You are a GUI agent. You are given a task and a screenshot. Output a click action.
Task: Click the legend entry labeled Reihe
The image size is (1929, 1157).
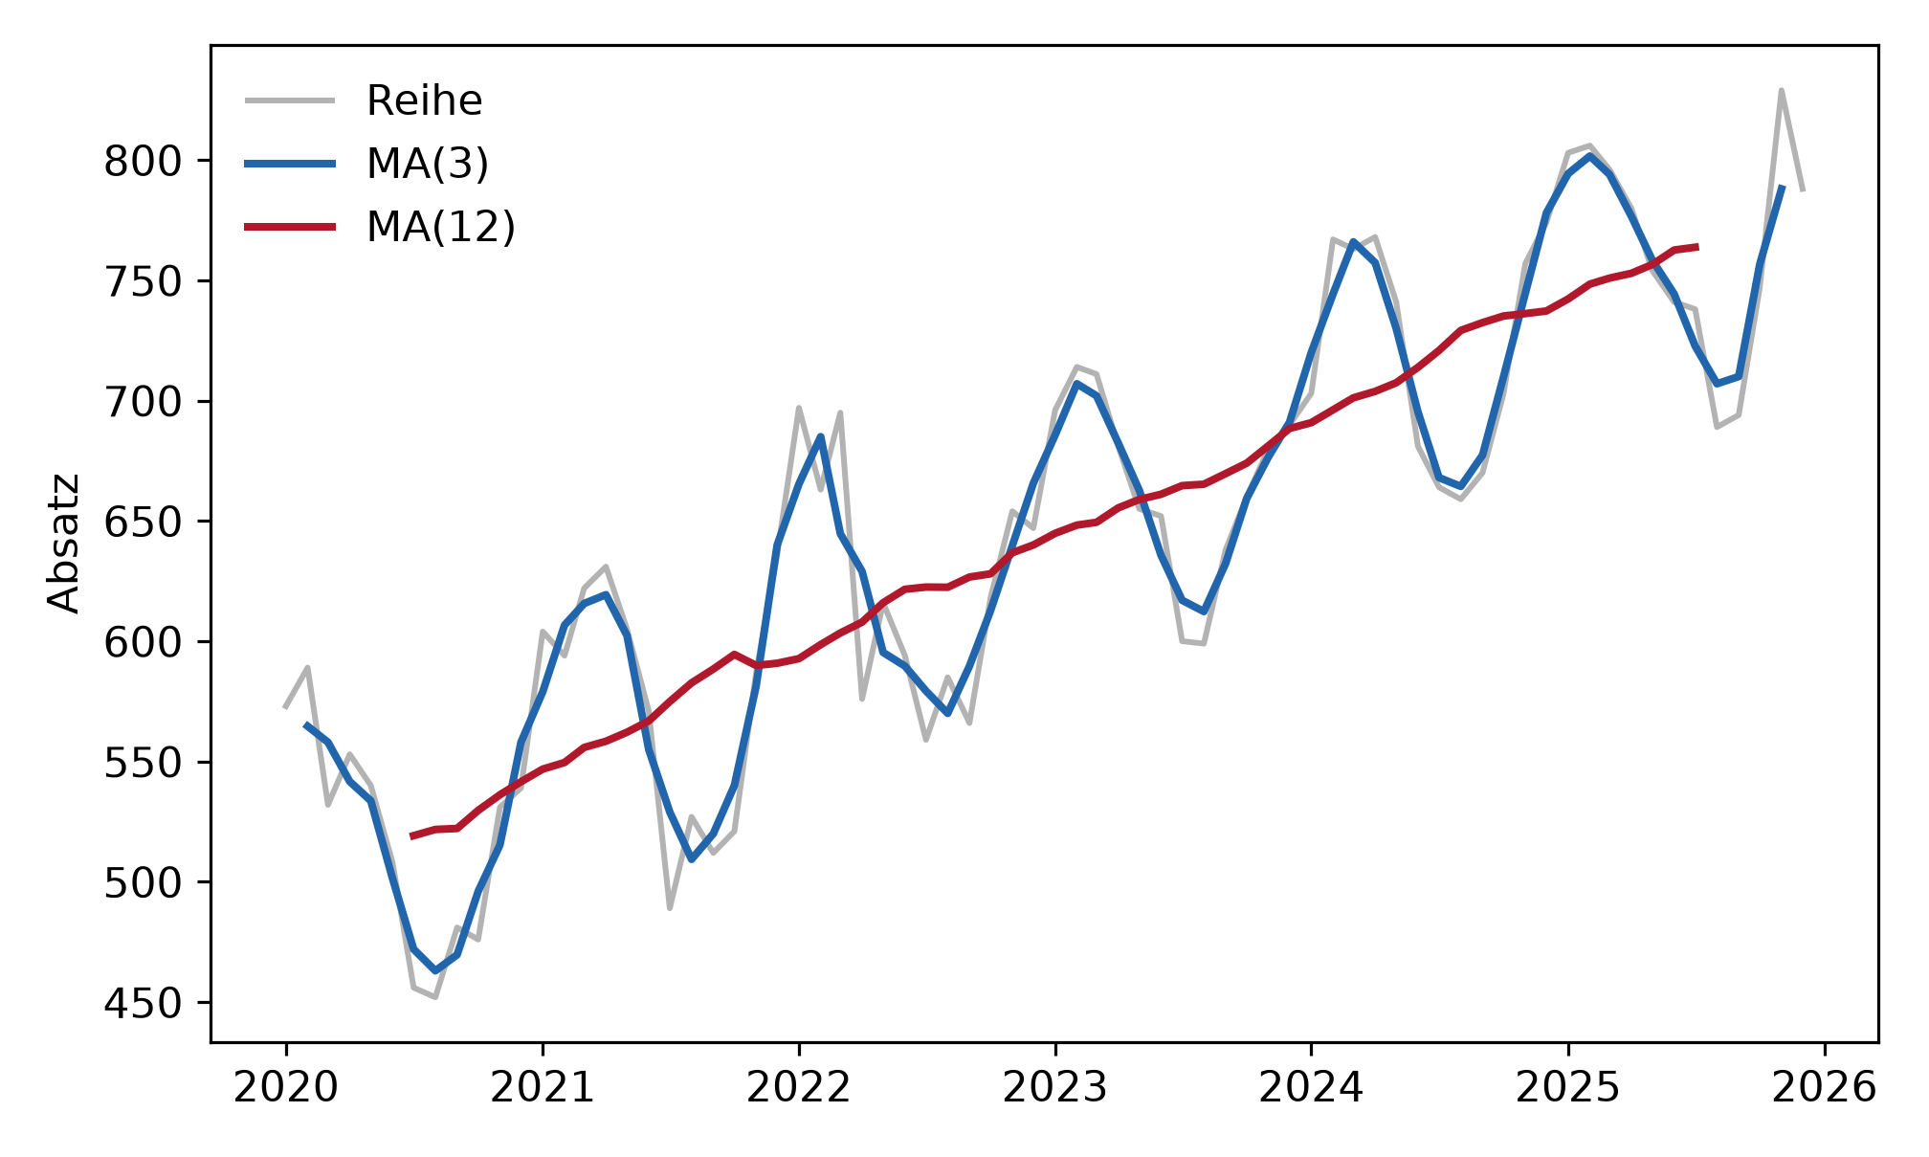[424, 100]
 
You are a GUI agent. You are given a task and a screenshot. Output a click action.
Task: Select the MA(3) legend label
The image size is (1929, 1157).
[428, 164]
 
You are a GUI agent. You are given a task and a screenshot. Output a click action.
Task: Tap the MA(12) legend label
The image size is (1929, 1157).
[441, 227]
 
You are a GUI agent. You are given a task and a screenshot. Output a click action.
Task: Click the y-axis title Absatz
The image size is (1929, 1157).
[64, 543]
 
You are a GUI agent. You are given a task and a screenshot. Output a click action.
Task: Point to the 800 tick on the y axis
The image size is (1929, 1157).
[143, 162]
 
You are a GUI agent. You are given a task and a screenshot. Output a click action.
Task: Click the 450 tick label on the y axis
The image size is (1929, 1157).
[143, 1003]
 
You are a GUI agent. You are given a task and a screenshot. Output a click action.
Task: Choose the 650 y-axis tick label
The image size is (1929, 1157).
[143, 523]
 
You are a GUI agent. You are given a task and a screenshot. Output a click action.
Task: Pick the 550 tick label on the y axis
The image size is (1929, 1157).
[143, 763]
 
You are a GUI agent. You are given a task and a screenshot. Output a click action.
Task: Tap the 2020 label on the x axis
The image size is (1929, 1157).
[286, 1088]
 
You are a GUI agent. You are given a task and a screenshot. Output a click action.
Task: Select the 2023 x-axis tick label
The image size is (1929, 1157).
[1055, 1088]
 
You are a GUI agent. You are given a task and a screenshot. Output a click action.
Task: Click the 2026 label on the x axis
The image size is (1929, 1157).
[1825, 1088]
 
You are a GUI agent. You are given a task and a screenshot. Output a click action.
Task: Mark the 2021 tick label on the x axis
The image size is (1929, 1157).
[543, 1088]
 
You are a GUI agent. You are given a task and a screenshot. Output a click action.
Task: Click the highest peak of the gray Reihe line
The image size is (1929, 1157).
[1782, 90]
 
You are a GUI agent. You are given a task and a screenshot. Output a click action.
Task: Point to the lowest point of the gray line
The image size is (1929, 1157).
[435, 997]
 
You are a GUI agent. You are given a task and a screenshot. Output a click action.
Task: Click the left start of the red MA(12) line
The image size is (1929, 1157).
[411, 836]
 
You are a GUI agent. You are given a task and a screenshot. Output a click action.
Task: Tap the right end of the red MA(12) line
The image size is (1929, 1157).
[1697, 247]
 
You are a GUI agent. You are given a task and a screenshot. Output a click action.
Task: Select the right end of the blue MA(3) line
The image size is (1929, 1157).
[1783, 186]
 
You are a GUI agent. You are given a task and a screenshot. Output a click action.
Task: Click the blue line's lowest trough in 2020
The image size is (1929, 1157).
[435, 971]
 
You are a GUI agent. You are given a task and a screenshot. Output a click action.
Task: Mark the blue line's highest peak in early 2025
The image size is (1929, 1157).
[1589, 156]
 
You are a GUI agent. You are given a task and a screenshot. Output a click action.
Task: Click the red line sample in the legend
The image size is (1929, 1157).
[290, 227]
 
